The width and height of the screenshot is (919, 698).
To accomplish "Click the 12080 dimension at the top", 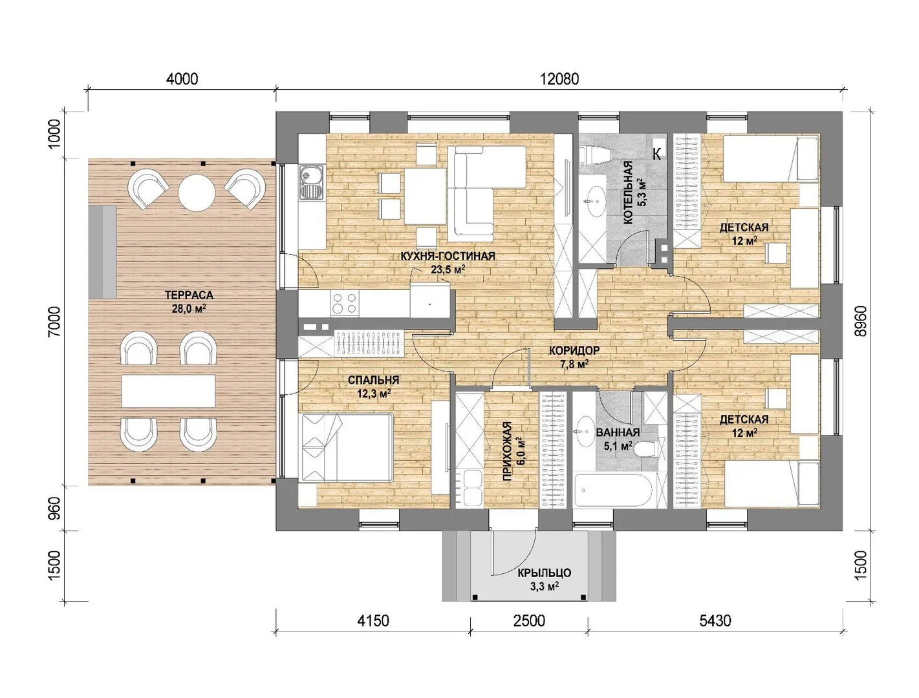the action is (x=559, y=79).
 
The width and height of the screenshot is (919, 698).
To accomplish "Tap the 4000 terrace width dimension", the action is (x=182, y=79).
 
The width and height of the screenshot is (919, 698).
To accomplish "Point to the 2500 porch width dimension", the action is (x=529, y=620).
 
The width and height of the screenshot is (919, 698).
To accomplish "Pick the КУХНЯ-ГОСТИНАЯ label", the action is (x=448, y=257).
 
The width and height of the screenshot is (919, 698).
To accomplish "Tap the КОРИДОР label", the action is (x=574, y=350).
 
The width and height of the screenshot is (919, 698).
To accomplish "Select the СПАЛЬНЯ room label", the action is (x=373, y=380).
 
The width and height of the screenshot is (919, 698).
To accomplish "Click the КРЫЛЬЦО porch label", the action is (x=545, y=573).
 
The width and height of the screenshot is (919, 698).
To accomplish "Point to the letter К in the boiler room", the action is (x=657, y=154).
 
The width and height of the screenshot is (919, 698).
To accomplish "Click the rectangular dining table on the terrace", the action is (x=168, y=390).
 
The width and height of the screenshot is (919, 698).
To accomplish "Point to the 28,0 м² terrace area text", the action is (x=189, y=309).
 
